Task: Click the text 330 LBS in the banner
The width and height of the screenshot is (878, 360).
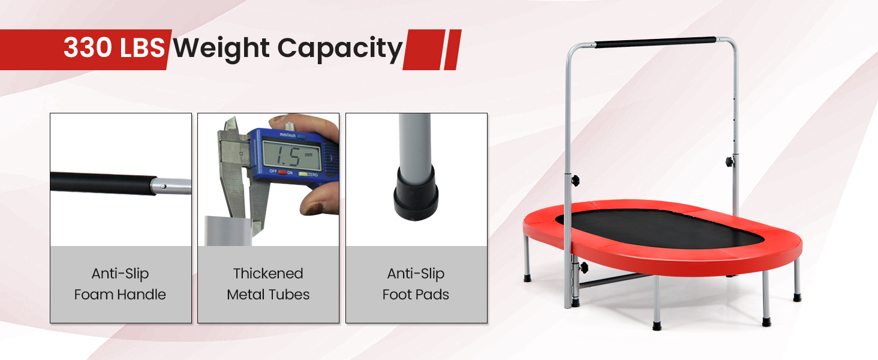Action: (x=114, y=48)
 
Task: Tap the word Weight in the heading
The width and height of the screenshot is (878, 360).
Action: (x=221, y=49)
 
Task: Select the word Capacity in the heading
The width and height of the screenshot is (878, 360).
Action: (x=340, y=49)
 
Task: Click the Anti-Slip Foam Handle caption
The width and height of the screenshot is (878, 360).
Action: (x=120, y=284)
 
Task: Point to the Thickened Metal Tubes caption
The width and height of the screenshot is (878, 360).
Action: (x=268, y=284)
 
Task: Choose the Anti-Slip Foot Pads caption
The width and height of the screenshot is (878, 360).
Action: (x=416, y=284)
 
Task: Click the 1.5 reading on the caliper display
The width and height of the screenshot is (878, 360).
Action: (x=288, y=156)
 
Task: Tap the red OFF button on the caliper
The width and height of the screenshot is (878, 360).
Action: (x=282, y=172)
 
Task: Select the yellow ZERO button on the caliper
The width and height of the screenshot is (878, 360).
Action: (x=303, y=174)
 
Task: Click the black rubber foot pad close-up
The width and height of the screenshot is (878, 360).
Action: (x=416, y=193)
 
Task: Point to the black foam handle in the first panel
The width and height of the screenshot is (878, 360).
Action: (x=103, y=183)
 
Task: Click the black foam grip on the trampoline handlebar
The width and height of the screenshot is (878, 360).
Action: (x=656, y=42)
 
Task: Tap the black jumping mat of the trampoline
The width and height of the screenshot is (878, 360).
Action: (x=659, y=228)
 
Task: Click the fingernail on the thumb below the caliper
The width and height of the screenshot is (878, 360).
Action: (x=316, y=208)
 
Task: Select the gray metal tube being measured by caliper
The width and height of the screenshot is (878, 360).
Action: (x=227, y=230)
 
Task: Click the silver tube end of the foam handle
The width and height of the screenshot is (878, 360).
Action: (x=171, y=186)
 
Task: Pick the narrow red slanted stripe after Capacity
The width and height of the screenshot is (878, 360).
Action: (x=452, y=50)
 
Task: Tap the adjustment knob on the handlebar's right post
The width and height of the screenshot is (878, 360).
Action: (x=729, y=161)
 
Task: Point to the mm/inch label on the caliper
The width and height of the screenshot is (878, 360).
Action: (x=287, y=135)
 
